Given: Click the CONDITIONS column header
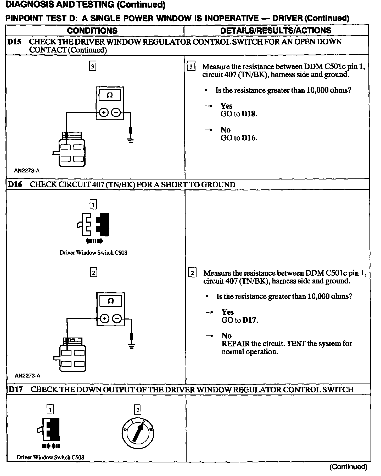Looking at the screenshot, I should coord(92,31).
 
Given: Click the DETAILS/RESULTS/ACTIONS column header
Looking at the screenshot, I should coord(276,31).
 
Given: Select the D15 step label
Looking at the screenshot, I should coord(14,42).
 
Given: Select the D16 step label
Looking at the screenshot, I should coord(15,184).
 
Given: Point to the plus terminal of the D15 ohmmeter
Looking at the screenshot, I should coord(104,113).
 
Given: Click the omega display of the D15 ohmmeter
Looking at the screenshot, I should coord(110,95).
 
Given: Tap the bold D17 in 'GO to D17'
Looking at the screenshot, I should coord(250,320).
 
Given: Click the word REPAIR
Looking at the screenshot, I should coord(233,344).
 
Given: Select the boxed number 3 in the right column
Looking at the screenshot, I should coord(191,67).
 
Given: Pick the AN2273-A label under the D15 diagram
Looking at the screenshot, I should coord(27,171).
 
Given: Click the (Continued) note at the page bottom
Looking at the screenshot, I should coord(348,467).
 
